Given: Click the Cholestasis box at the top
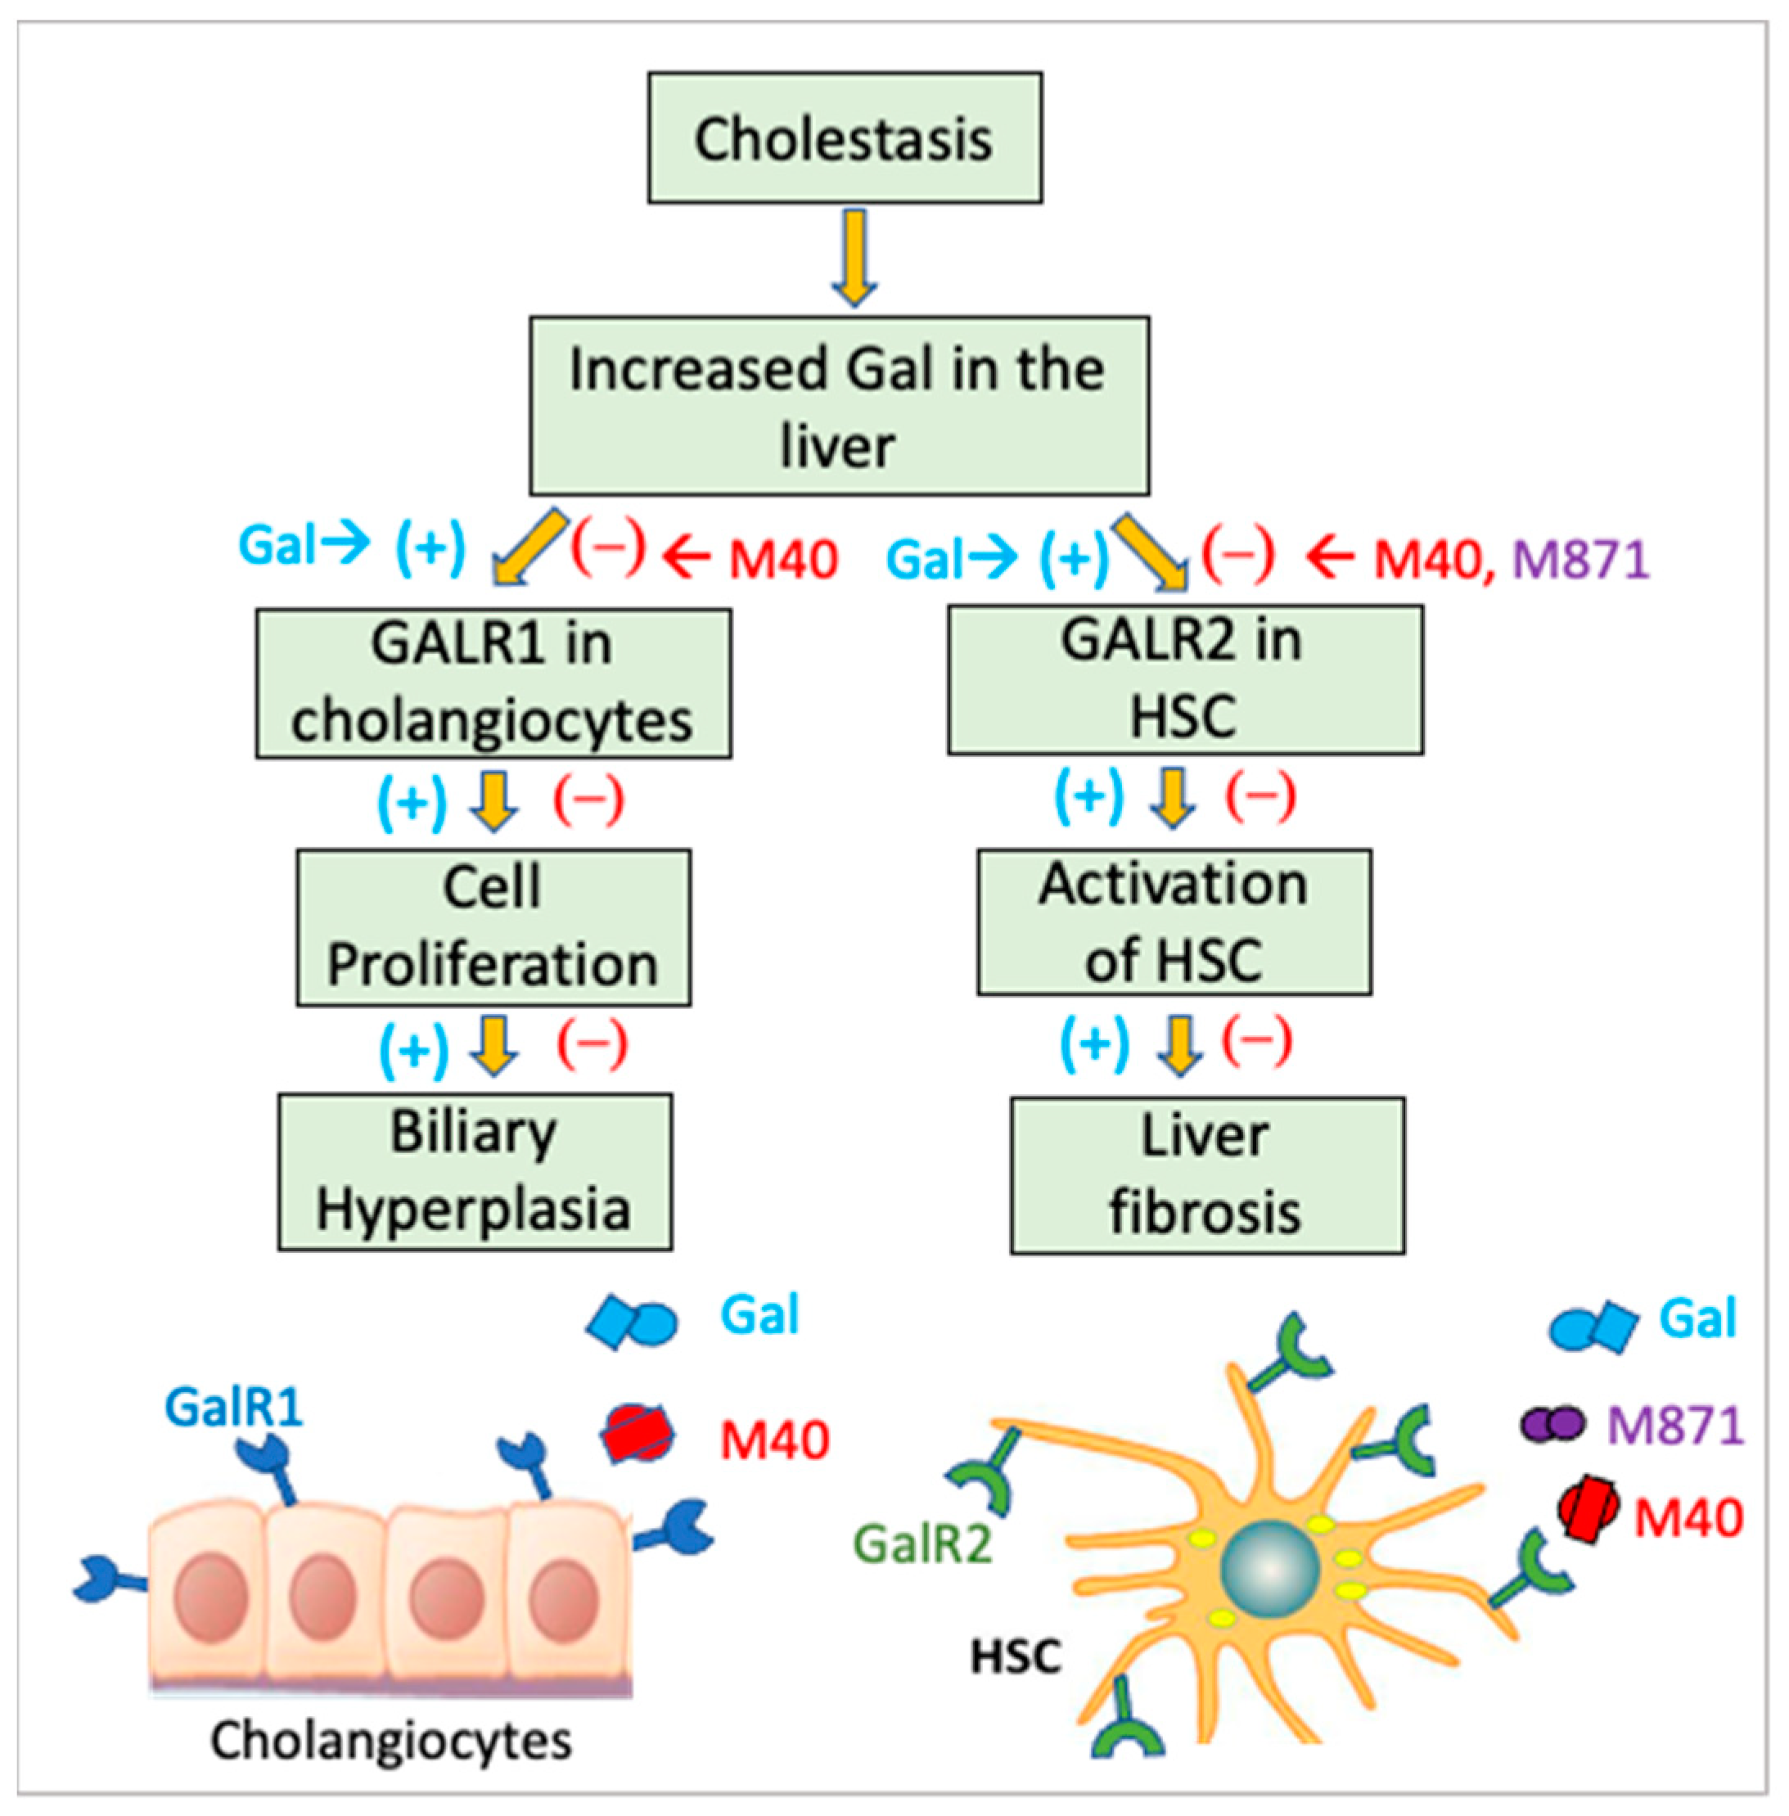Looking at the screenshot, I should pos(844,138).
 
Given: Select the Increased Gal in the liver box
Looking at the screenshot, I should pos(838,406).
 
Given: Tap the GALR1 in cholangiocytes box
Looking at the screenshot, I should pos(493,683).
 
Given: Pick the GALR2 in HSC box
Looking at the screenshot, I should pos(1184,679).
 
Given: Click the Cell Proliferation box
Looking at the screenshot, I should pos(493,927).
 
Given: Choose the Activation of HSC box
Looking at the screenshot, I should pos(1174,922).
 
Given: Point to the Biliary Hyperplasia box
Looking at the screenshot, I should pos(475,1170).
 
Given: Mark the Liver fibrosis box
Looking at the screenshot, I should pos(1207,1174).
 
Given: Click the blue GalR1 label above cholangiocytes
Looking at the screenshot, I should pos(233,1406).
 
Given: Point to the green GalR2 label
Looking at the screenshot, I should pos(922,1543).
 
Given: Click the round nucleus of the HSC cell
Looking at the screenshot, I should pos(1269,1567).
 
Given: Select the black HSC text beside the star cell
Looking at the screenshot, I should pos(1015,1656).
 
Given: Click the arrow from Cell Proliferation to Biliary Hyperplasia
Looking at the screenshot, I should pos(494,1045).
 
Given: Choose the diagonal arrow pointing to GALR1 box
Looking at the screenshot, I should pos(528,548).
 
